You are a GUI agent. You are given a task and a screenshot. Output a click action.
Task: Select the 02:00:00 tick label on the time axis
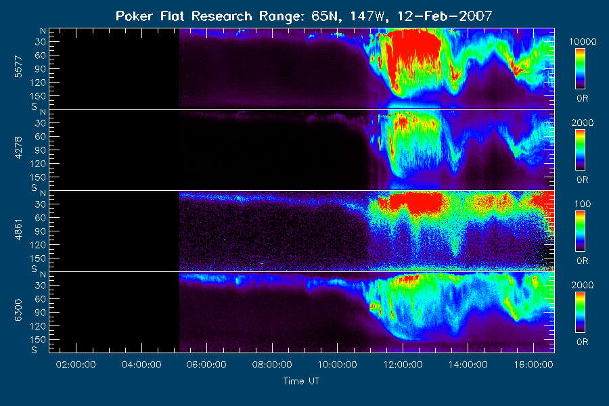tap(76, 365)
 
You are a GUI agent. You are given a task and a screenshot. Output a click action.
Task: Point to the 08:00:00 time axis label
tap(272, 365)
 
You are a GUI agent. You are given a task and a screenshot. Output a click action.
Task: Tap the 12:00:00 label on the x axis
tap(403, 365)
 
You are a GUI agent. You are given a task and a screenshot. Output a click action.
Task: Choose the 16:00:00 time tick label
tap(534, 365)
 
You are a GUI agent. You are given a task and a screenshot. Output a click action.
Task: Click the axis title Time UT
tap(301, 381)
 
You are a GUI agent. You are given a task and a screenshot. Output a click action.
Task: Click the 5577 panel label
tap(18, 67)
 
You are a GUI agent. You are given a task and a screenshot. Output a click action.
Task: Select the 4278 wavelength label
tap(18, 148)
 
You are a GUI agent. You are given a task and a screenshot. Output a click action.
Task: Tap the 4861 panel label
tap(18, 229)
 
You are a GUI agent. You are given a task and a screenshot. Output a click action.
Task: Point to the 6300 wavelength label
tap(18, 311)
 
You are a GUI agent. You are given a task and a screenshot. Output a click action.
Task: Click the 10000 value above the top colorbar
tap(583, 41)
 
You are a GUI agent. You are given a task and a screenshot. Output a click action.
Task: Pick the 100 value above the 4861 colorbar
tap(583, 204)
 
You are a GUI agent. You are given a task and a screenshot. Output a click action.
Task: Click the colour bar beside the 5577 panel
tap(581, 69)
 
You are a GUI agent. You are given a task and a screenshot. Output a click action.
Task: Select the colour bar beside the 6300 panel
tap(581, 313)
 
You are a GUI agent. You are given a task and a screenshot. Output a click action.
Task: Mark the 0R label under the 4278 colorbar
tap(582, 179)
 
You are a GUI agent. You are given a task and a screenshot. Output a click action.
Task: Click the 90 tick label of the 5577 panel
tap(41, 69)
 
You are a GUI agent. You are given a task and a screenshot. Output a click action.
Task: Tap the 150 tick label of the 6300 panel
tap(38, 340)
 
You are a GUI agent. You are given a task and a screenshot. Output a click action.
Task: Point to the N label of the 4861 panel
tap(43, 194)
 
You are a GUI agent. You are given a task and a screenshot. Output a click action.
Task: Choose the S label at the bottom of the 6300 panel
tap(35, 350)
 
